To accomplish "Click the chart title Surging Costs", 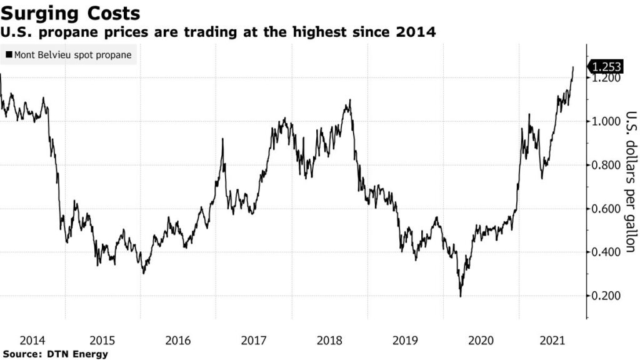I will (x=70, y=13).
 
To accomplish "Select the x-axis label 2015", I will (x=103, y=341).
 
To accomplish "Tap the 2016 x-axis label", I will (x=178, y=341).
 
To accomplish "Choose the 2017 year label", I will (x=254, y=341).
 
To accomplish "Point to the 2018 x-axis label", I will (x=329, y=341).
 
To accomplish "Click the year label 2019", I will (x=405, y=341).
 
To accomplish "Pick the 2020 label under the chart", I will (x=481, y=341).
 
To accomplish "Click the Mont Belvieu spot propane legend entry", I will (x=69, y=55).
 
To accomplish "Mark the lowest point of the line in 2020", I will (x=461, y=296).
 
